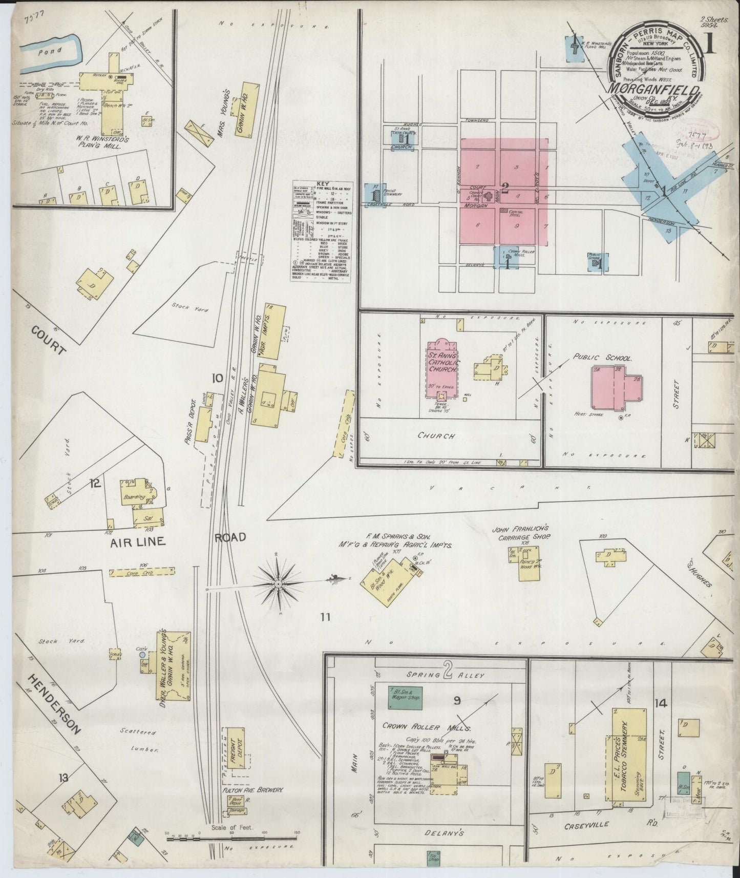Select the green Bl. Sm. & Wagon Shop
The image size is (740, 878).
tap(405, 697)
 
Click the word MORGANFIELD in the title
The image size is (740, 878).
tap(653, 90)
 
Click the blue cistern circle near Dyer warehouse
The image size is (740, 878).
tap(142, 655)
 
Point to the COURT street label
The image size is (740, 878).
tap(49, 340)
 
